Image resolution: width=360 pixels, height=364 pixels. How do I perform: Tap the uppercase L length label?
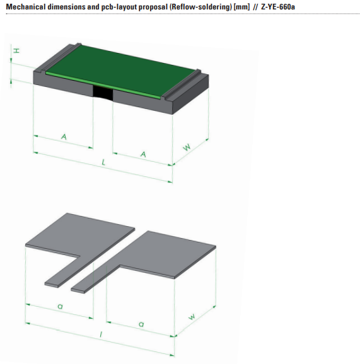coord(103,162)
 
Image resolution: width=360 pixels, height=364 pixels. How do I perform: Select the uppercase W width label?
coord(187,147)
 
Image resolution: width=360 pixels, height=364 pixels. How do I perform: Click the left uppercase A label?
coord(64,137)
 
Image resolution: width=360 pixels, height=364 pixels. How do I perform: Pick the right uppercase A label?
coord(143,154)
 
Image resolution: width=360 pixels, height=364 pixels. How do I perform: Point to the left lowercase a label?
coord(60,307)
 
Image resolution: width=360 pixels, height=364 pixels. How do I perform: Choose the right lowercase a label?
coord(141,324)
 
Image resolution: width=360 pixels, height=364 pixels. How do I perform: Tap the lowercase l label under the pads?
coord(101,334)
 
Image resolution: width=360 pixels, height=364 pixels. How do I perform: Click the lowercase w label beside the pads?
coord(192,317)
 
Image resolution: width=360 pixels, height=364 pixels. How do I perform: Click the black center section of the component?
coord(103,93)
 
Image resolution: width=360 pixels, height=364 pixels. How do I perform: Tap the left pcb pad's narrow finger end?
coord(52,285)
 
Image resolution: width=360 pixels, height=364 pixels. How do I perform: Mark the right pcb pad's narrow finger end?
coord(78,290)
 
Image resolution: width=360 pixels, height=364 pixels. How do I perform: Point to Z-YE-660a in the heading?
coord(278,7)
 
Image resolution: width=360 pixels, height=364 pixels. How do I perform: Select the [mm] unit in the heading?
coord(241,7)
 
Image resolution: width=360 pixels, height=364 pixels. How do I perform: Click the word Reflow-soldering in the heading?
coord(200,7)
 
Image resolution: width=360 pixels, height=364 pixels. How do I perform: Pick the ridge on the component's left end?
coord(61,57)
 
